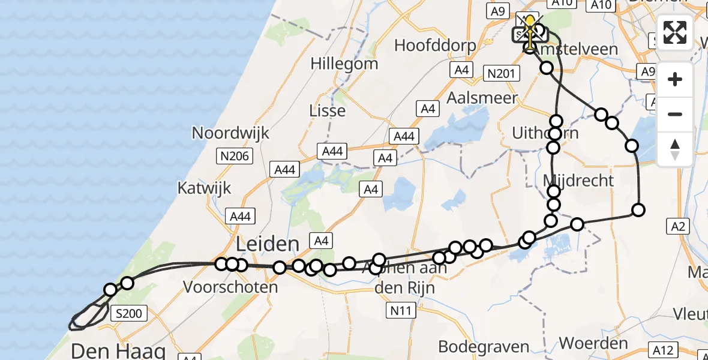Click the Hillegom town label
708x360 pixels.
click(344, 64)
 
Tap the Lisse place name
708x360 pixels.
click(327, 110)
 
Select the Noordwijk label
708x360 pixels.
click(231, 133)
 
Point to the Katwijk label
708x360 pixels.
click(204, 188)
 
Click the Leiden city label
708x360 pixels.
click(268, 244)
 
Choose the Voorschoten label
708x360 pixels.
click(230, 287)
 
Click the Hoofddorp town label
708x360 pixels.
click(436, 46)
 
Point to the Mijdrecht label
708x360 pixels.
click(578, 181)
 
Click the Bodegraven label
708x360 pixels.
click(484, 347)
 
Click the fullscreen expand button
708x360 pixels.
click(675, 32)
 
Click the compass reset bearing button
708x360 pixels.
click(675, 149)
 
